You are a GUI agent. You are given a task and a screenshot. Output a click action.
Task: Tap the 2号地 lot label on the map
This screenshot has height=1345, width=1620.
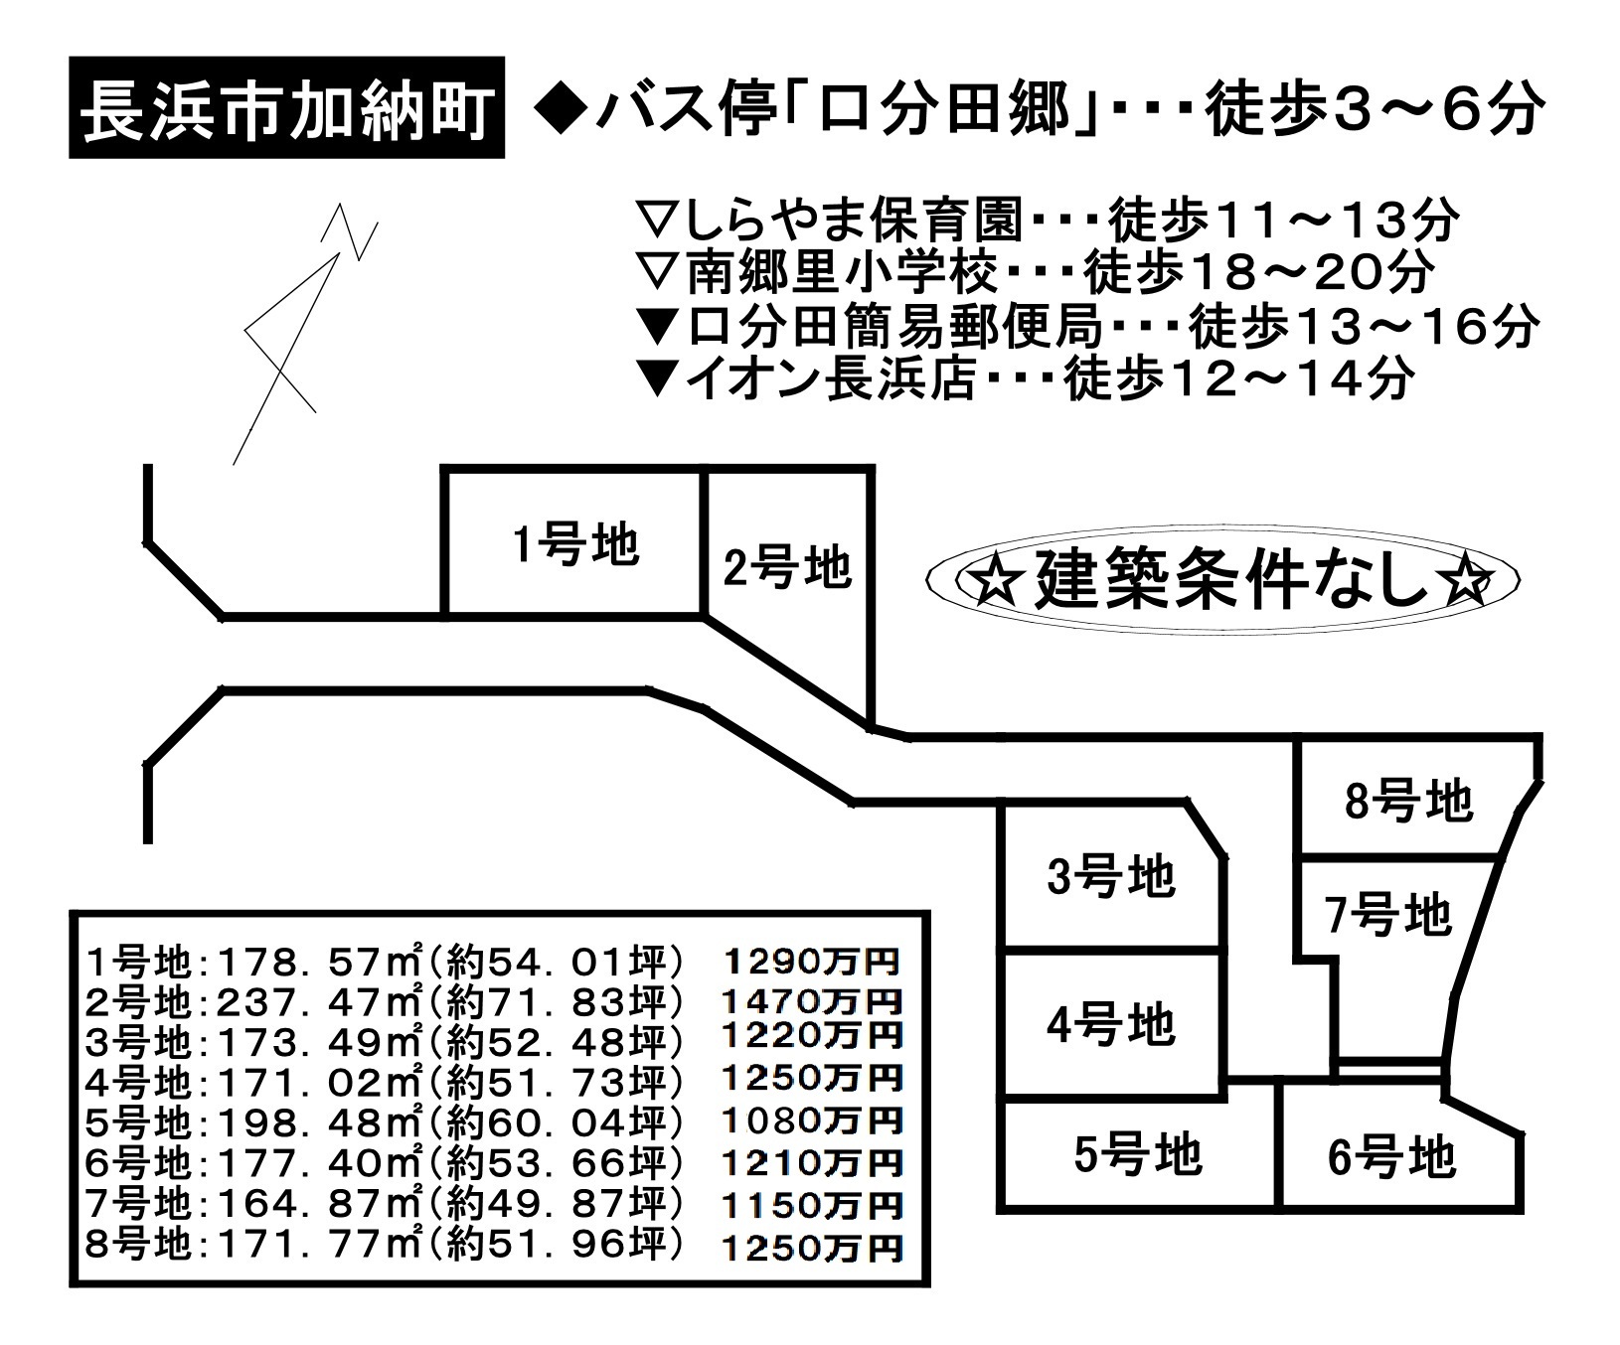(787, 569)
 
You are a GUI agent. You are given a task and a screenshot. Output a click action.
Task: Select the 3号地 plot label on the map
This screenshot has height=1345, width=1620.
(1111, 877)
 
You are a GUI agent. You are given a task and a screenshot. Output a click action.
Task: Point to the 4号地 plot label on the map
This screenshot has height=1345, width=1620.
(1111, 1024)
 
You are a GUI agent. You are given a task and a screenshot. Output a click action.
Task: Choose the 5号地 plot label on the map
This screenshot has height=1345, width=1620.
(1138, 1154)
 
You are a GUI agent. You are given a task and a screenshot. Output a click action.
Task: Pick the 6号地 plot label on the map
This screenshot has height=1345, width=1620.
(1391, 1157)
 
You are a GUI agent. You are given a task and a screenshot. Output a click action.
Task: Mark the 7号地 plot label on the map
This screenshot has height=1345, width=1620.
(1388, 914)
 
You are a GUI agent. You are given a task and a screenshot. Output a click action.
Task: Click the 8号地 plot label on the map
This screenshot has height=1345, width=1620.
(1408, 801)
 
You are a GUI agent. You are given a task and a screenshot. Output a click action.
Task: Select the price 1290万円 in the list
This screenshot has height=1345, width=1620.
(813, 962)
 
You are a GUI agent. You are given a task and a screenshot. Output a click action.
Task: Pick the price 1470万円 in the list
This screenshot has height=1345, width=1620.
(813, 999)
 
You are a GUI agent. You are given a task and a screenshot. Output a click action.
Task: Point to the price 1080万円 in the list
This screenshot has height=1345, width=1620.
(813, 1121)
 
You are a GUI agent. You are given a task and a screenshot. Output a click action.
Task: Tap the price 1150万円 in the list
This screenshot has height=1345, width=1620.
(813, 1206)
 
